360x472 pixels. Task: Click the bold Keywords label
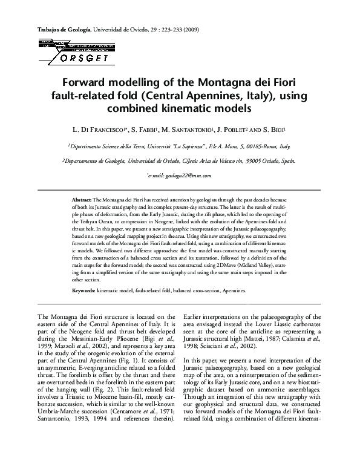pos(83,290)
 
